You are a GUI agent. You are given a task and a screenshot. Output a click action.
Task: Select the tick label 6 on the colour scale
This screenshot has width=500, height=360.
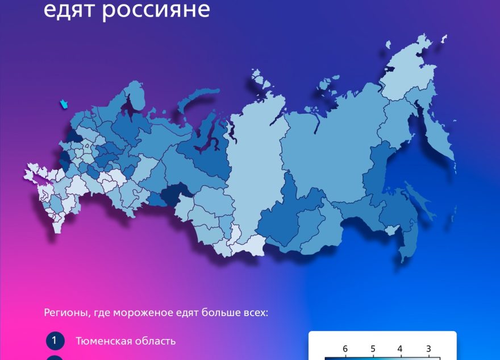[x=345, y=349]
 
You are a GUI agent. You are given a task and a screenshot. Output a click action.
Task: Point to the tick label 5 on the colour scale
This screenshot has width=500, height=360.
[x=373, y=349]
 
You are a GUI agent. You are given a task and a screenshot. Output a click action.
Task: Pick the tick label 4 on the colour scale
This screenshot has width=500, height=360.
[x=400, y=349]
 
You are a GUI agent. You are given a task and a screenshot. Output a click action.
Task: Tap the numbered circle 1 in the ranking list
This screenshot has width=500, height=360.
[x=55, y=341]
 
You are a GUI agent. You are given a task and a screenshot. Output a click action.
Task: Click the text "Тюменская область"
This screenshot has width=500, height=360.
[x=126, y=341]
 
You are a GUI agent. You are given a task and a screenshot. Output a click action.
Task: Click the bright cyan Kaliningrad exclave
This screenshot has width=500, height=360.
[x=63, y=104]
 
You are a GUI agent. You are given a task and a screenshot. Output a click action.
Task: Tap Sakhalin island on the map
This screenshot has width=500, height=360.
[x=419, y=199]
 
